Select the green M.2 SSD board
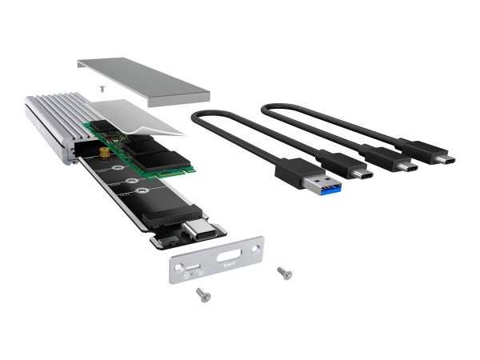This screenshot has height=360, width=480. [x=152, y=156]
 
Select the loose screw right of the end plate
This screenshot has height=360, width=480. [x=284, y=274]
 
